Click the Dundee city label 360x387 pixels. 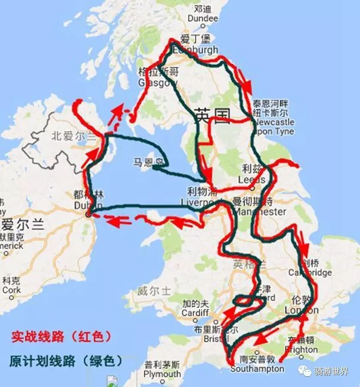[x=203, y=19]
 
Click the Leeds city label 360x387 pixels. [x=251, y=179]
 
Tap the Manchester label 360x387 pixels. [x=259, y=211]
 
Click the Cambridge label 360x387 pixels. [x=310, y=272]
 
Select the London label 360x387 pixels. [x=302, y=310]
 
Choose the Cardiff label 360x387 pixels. [x=195, y=313]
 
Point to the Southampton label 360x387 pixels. [x=257, y=369]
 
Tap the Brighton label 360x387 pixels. [x=301, y=350]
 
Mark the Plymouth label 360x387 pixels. [x=162, y=374]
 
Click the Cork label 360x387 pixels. [x=11, y=290]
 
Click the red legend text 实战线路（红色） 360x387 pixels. [x=61, y=336]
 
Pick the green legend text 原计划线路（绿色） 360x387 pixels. [x=66, y=361]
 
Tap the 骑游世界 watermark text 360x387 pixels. [x=331, y=371]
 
